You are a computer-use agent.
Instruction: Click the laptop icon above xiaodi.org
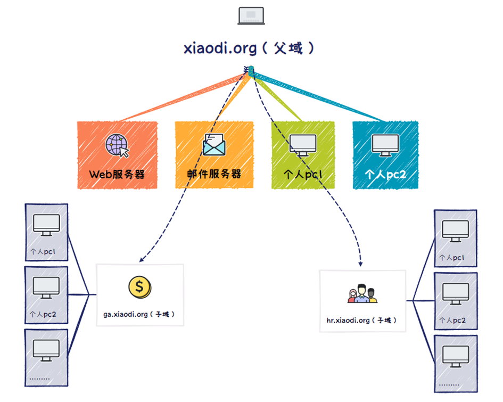(251, 16)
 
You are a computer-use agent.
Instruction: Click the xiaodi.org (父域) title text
(249, 48)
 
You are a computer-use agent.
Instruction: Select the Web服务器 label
(117, 174)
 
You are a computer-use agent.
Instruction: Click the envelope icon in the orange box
(214, 145)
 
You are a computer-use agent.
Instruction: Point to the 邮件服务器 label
(214, 174)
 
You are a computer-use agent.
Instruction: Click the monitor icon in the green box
(303, 145)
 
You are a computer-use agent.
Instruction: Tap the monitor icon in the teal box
(385, 145)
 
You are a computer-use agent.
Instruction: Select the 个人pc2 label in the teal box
(385, 174)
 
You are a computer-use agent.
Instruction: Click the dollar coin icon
(140, 287)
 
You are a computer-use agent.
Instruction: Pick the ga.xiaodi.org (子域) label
(139, 314)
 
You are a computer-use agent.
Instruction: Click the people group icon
(362, 293)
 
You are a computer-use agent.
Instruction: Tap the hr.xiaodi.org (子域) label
(361, 320)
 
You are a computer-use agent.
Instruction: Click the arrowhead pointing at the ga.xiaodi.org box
(141, 260)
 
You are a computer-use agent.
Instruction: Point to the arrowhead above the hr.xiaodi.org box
(360, 264)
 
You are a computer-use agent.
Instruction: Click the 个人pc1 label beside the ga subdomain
(43, 251)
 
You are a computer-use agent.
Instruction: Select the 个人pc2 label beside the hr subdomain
(452, 320)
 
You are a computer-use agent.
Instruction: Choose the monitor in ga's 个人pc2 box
(46, 288)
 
